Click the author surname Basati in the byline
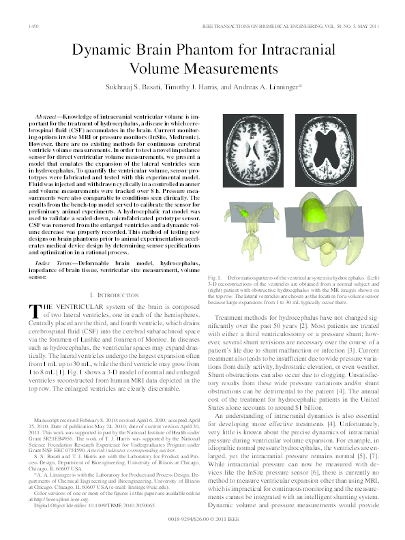point(154,88)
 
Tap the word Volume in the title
point(153,69)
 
